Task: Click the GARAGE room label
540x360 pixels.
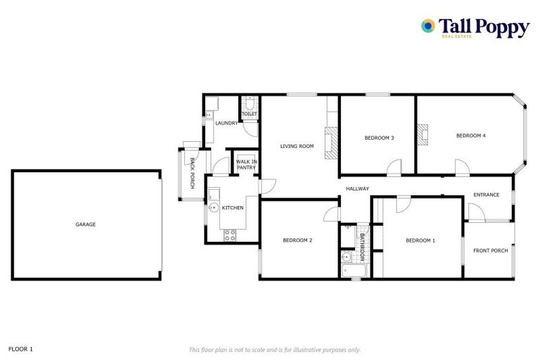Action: pos(86,224)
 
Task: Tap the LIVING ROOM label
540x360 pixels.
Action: pos(297,146)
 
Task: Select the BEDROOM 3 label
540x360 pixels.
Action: pos(378,138)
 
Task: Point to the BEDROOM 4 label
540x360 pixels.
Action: pos(470,135)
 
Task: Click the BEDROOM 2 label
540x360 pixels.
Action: pos(297,240)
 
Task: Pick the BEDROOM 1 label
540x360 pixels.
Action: pos(420,240)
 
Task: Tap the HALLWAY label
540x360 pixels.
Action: pos(357,188)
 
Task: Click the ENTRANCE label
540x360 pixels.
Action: pos(486,195)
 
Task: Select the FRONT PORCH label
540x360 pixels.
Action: pos(490,250)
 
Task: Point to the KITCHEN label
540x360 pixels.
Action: pos(233,208)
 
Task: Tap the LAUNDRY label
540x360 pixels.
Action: pos(226,123)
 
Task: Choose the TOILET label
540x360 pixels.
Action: pos(249,114)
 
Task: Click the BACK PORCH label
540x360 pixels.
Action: pos(193,173)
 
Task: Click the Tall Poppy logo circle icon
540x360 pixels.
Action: pos(427,26)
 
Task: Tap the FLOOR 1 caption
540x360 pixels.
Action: pos(20,349)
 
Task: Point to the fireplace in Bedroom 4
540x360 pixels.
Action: pos(423,133)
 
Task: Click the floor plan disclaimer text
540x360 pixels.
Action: pos(274,349)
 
